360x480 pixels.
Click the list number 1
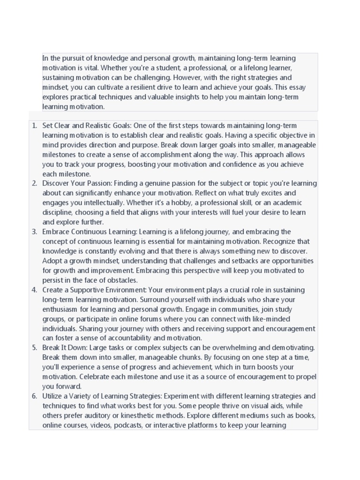point(34,126)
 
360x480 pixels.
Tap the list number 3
point(34,232)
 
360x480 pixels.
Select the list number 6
point(34,396)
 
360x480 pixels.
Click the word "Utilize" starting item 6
point(53,396)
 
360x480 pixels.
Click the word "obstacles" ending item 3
point(122,280)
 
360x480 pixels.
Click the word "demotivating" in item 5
point(293,347)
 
